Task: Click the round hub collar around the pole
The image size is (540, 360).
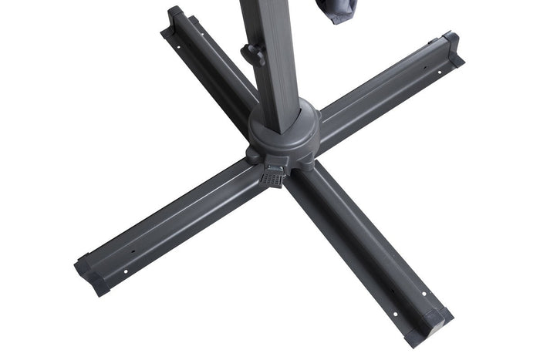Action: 282,131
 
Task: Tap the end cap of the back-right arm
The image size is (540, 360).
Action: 454,48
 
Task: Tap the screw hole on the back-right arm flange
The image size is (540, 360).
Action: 440,73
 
